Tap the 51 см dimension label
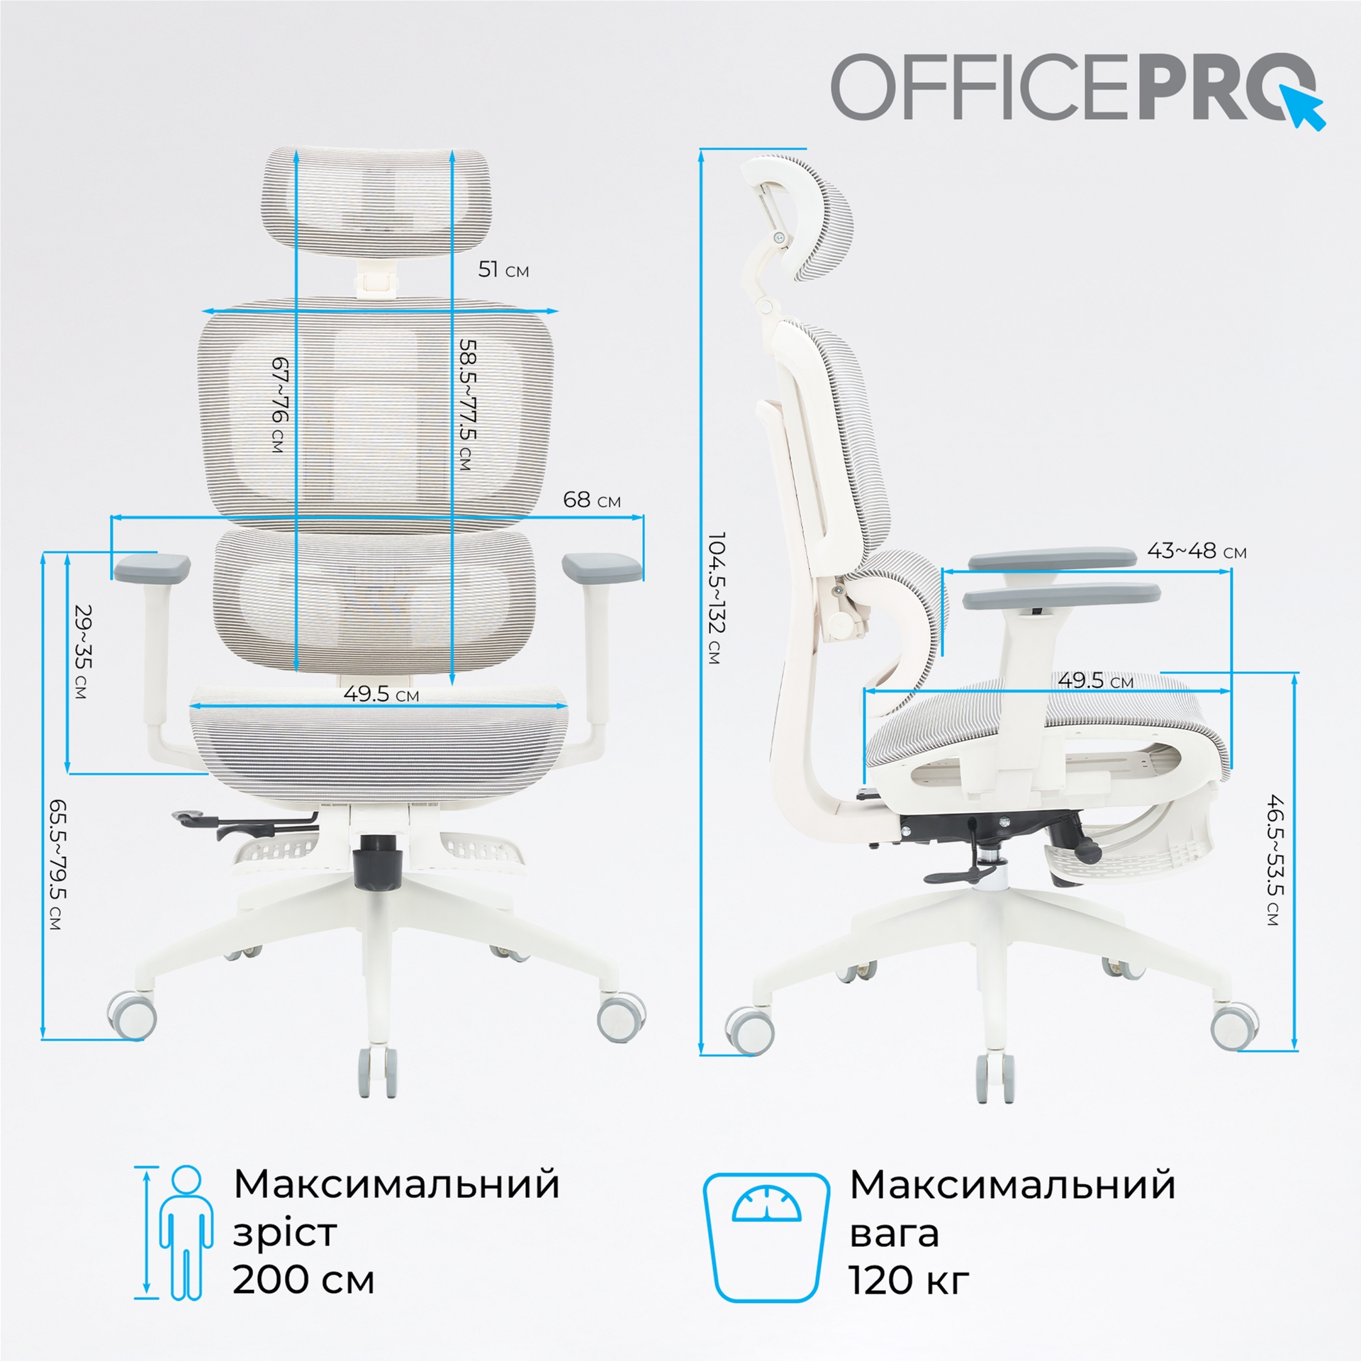tap(503, 270)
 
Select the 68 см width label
tap(591, 500)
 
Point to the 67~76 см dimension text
tap(280, 404)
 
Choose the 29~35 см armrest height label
tap(83, 651)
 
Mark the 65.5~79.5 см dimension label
tap(57, 865)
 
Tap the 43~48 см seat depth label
tap(1197, 551)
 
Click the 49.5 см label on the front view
tap(381, 694)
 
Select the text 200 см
tap(303, 1279)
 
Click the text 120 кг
tap(909, 1279)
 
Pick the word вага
tap(894, 1232)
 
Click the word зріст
tap(285, 1232)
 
